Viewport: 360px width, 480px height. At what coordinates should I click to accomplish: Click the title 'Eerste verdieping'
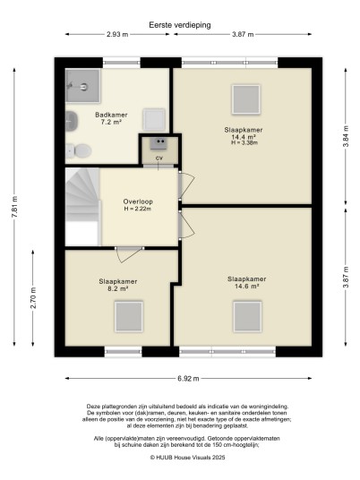coord(180,25)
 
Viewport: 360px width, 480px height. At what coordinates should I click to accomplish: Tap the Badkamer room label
coord(111,115)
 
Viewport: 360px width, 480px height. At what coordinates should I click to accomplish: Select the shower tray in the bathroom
coord(83,86)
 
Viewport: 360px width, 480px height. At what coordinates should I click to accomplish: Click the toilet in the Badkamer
coord(79,150)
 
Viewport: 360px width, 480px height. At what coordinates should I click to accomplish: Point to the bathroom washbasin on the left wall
coord(72,121)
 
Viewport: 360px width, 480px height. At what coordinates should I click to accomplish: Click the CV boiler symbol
coord(159,143)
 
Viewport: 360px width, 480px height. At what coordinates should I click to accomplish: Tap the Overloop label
coord(138,201)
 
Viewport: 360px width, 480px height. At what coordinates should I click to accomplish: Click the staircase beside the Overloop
coord(83,206)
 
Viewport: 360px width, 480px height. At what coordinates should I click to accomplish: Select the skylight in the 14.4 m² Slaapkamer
coord(245,99)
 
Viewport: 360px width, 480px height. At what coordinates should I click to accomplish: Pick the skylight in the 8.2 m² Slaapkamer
coord(129,316)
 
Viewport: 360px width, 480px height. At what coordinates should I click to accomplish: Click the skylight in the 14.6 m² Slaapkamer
coord(247,316)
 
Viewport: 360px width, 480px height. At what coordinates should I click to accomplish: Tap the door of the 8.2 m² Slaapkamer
coord(129,254)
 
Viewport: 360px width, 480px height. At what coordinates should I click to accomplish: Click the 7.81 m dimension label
coord(14,207)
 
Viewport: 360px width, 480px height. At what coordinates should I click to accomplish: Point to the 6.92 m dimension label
coord(188,379)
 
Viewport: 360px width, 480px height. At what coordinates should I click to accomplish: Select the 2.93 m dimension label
coord(117,34)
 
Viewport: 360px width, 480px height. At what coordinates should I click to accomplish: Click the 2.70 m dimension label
coord(33,297)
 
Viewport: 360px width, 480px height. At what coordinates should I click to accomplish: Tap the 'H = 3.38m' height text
coord(244,142)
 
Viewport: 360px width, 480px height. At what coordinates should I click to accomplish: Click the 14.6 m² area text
coord(247,287)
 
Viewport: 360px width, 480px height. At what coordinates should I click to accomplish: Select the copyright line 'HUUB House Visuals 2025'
coord(187,458)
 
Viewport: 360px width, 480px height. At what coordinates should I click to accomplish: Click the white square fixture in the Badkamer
coord(154,119)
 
